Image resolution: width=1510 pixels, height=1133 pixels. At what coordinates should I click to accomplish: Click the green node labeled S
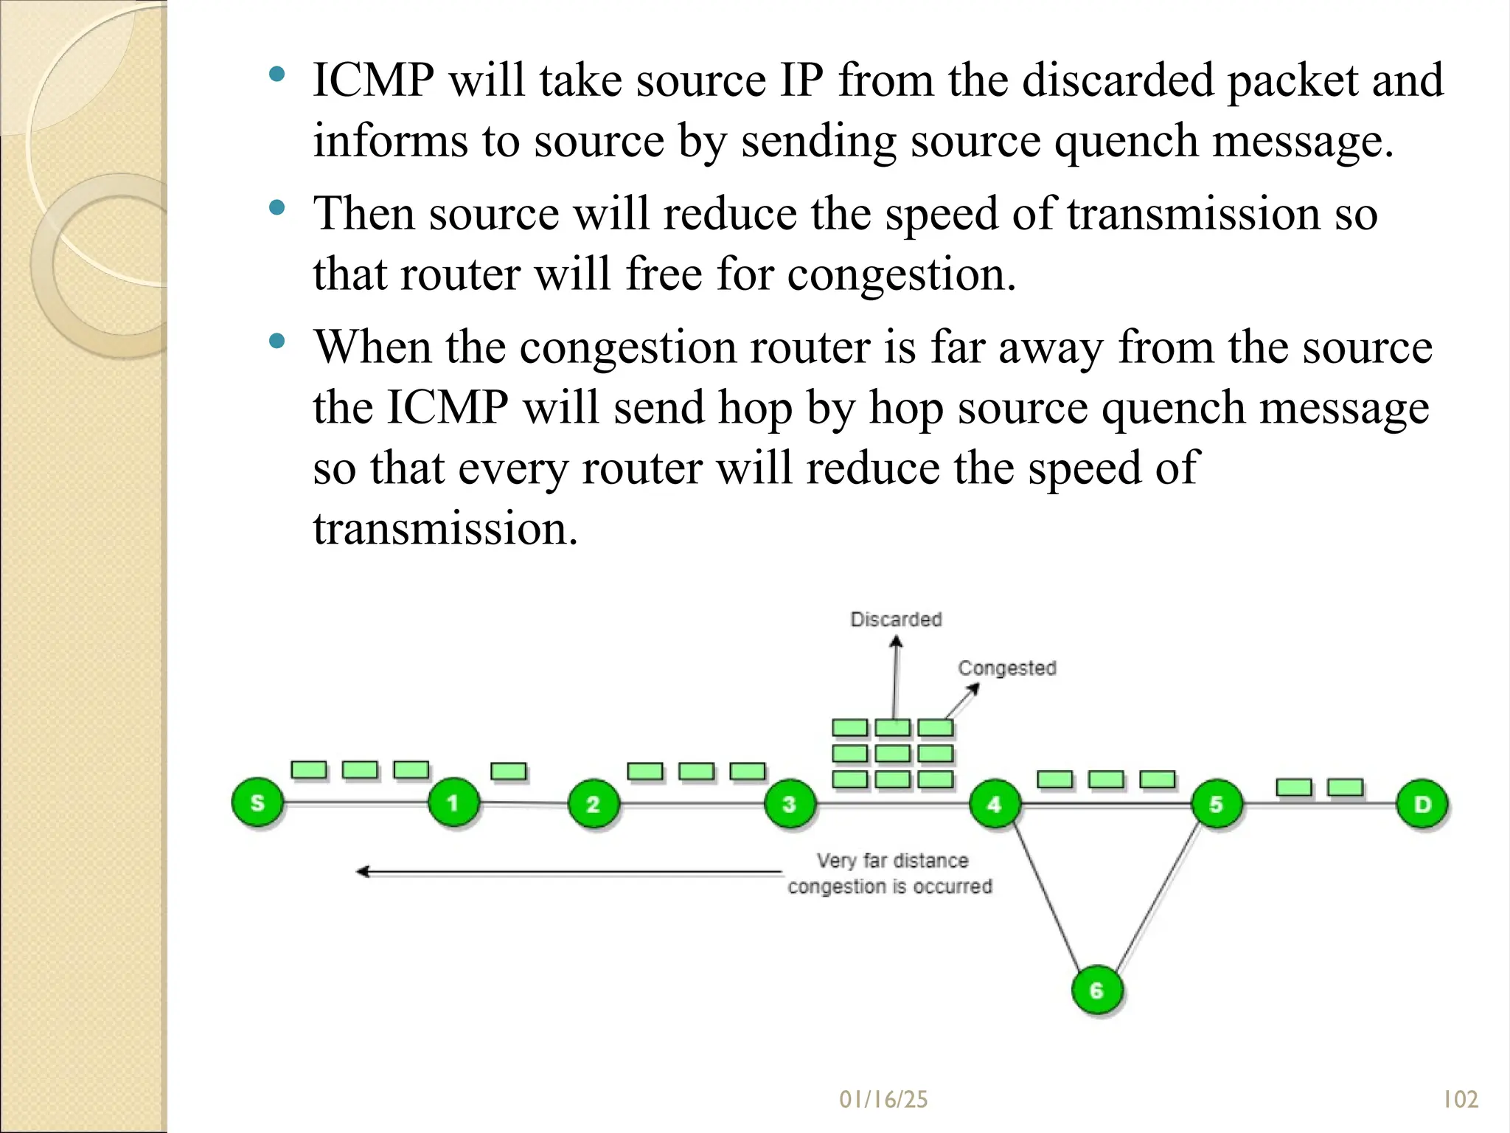257,803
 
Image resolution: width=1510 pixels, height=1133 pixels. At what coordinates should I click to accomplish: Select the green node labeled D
1422,804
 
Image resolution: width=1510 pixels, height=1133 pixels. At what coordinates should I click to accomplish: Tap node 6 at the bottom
1096,990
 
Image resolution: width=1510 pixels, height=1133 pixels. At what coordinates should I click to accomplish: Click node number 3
790,804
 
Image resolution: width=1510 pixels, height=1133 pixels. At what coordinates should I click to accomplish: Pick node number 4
995,804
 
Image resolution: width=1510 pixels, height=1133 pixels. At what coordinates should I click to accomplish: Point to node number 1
453,803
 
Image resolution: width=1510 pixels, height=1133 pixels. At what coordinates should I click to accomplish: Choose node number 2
593,804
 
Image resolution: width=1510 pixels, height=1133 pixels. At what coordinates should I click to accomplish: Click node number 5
1216,804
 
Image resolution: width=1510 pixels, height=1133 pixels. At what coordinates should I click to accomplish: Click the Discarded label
896,619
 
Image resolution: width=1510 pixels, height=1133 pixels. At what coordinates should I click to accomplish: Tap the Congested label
1007,668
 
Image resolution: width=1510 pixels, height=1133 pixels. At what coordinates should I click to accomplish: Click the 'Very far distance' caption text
892,860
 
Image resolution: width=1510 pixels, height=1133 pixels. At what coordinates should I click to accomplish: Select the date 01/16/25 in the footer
883,1100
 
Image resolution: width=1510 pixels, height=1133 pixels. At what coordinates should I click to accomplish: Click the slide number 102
1460,1100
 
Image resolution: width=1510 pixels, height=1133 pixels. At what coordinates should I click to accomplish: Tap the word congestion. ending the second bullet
901,274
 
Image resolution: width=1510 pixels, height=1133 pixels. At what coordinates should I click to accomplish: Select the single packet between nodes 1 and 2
509,772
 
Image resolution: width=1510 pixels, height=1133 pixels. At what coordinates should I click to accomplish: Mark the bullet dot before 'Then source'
277,208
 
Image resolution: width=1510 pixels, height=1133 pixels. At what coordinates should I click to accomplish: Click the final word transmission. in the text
445,529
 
